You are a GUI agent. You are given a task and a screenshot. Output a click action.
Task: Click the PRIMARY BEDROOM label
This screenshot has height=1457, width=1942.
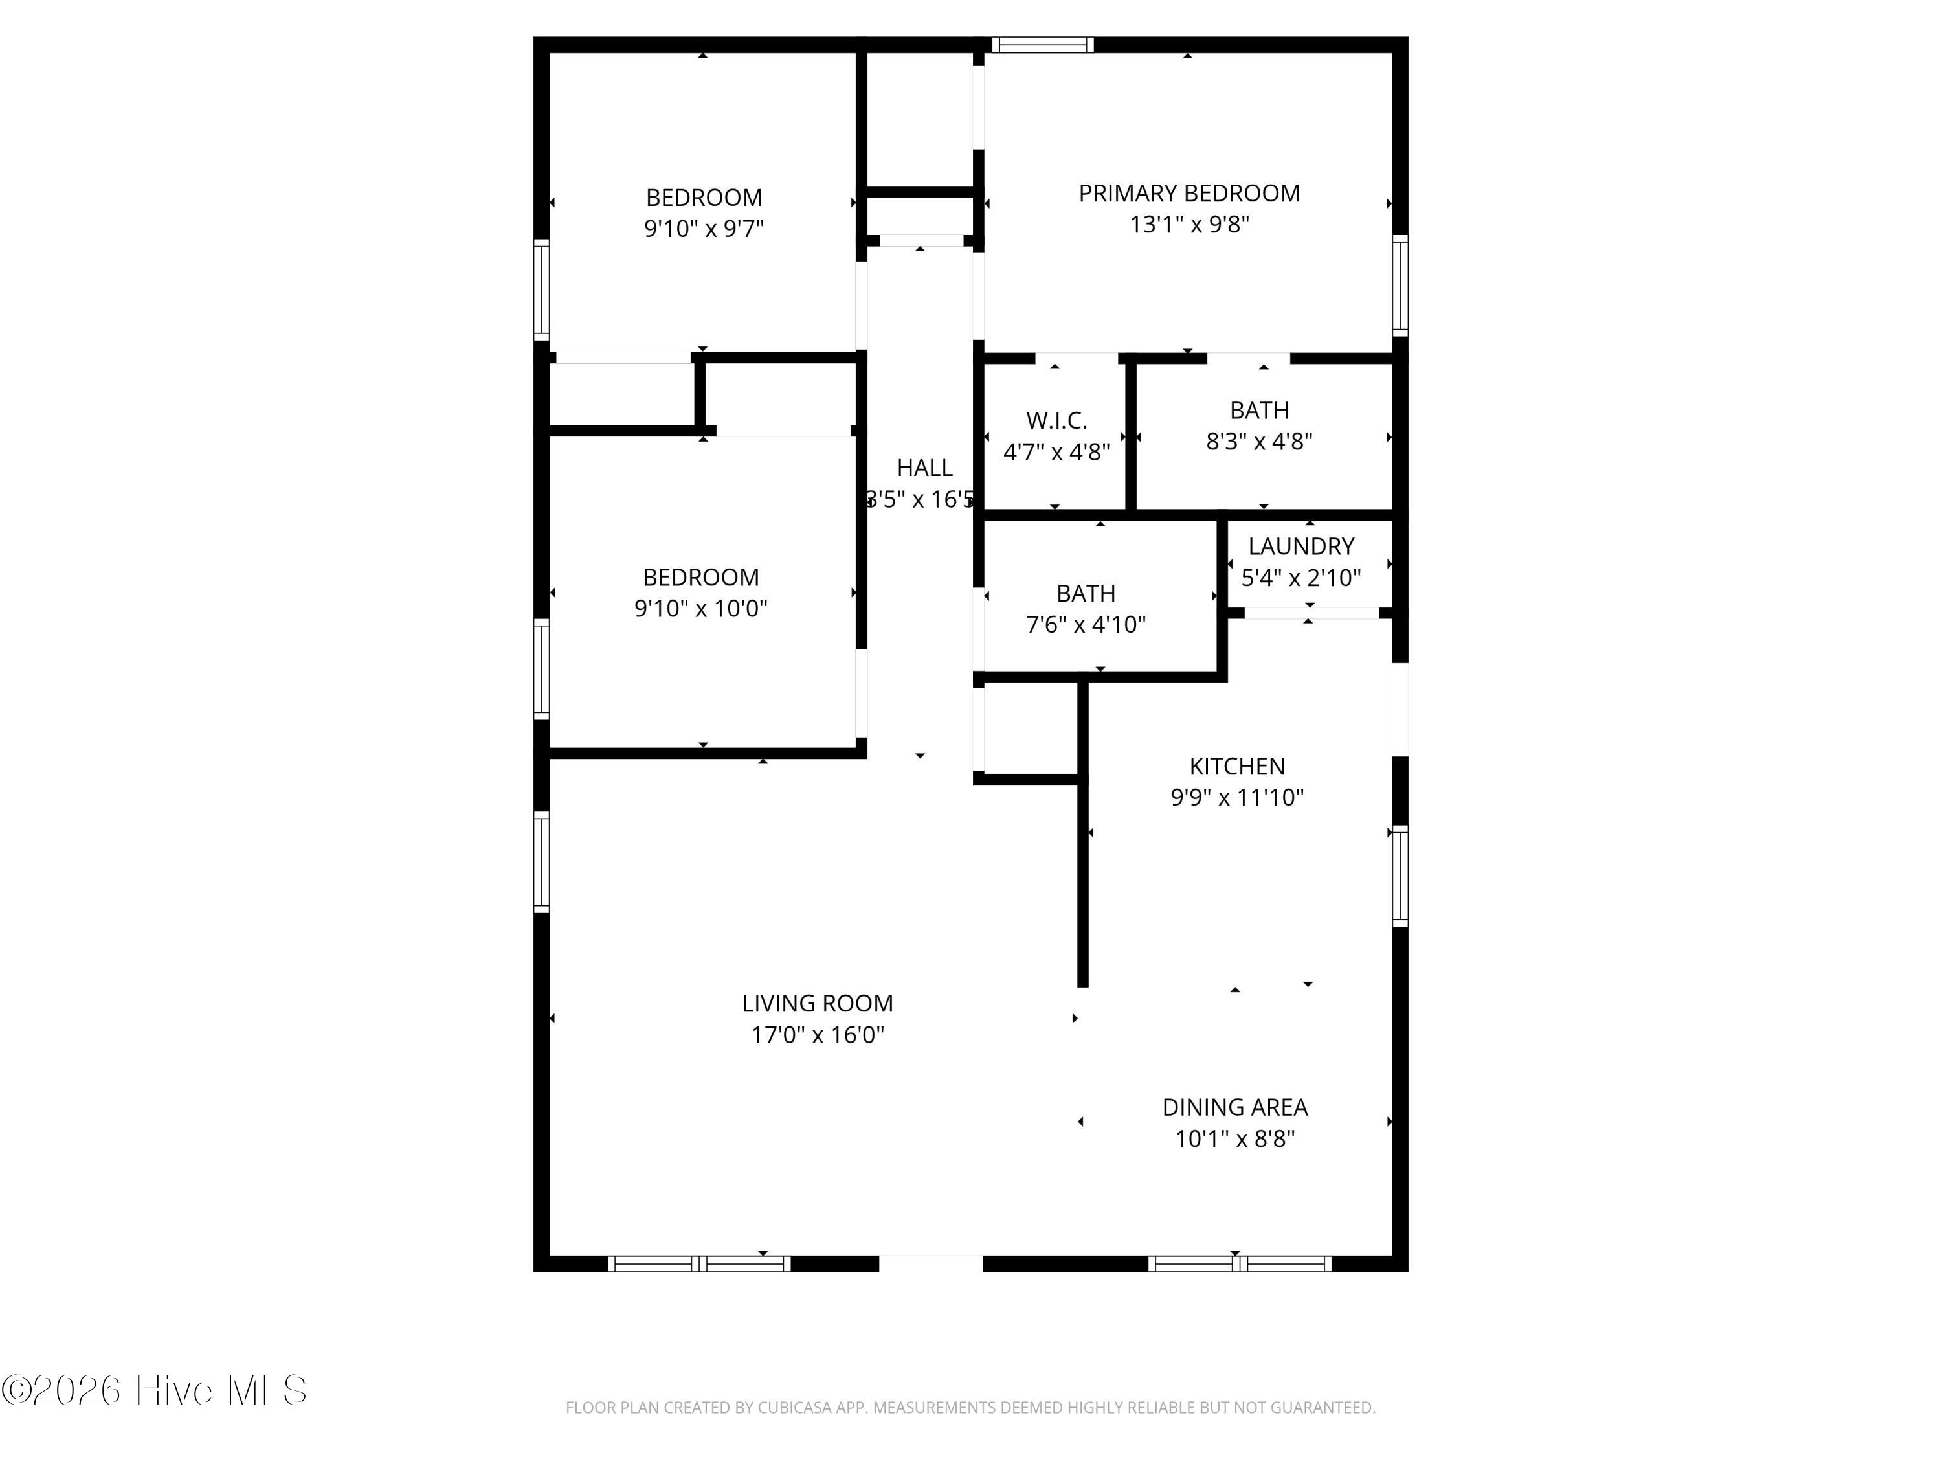[1189, 193]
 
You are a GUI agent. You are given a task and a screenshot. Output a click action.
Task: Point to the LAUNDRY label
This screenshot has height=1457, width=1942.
[1301, 547]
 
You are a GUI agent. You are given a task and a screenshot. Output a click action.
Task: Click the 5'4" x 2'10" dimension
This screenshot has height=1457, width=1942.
[1301, 578]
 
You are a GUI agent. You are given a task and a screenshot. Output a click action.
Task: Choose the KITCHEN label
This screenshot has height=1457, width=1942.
[1237, 766]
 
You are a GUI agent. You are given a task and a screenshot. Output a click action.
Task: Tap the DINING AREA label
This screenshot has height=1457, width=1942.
[1235, 1107]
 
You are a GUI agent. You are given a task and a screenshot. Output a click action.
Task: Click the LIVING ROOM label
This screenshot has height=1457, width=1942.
[818, 1003]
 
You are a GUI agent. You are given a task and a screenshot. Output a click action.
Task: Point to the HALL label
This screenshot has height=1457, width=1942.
[924, 468]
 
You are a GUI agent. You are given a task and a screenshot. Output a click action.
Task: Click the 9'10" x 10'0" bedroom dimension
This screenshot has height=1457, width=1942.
[700, 609]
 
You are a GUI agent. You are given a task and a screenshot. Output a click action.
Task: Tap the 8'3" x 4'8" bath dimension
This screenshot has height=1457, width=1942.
[1259, 441]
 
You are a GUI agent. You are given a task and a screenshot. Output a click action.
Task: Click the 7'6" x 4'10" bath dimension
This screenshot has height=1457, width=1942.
[1086, 624]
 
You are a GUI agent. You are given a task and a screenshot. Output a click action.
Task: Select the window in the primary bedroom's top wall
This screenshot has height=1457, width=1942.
[1043, 45]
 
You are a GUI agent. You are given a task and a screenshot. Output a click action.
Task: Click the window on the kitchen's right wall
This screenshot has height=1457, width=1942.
[1400, 875]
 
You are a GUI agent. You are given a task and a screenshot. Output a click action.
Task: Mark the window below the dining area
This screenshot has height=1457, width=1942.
[1240, 1264]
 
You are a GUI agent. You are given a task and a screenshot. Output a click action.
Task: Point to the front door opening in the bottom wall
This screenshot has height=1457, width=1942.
[931, 1264]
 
